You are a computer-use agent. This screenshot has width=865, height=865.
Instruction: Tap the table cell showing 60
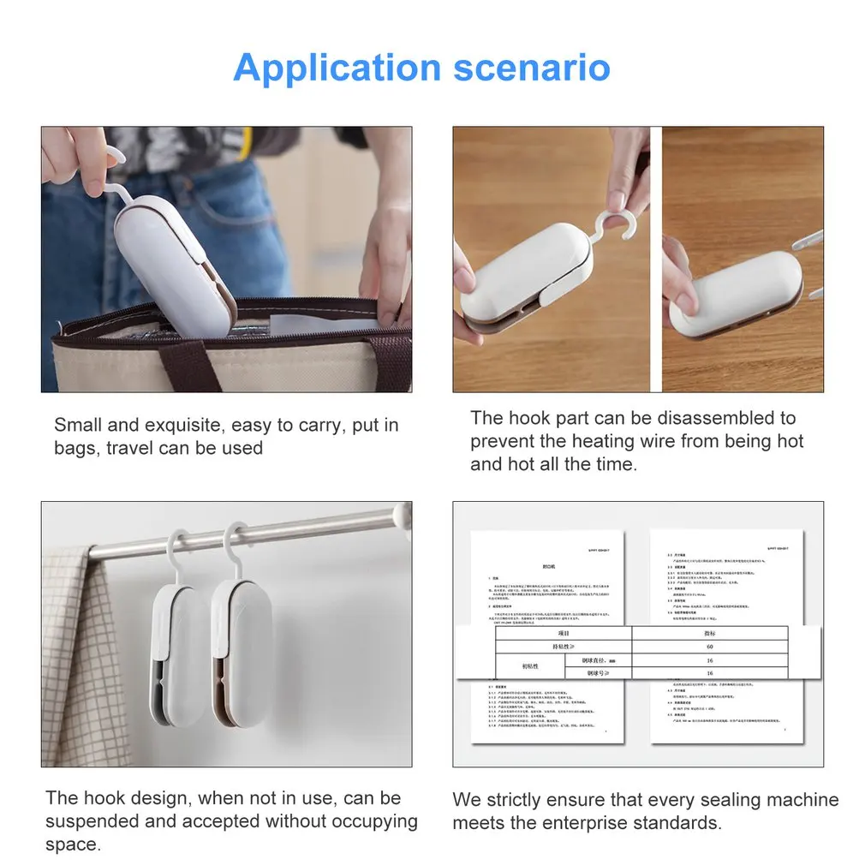[x=709, y=647]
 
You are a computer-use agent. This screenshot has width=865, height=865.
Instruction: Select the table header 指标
[x=709, y=633]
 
